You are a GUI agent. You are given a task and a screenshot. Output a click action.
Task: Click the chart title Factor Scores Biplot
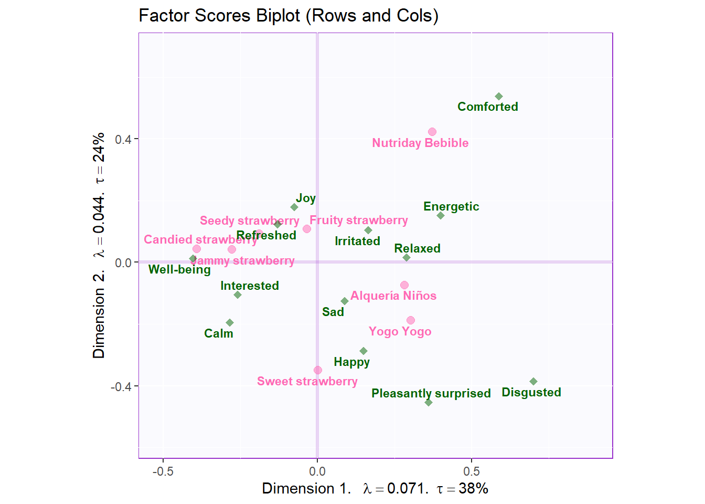coord(288,16)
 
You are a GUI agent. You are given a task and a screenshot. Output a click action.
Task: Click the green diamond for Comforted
coord(499,97)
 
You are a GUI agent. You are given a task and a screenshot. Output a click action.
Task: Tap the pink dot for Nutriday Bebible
coord(432,132)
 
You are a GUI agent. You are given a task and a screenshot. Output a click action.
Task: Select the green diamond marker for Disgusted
coord(533,382)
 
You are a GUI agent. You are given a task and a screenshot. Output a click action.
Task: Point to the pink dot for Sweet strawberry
coord(318,370)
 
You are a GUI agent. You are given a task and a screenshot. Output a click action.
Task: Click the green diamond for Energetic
coord(441,216)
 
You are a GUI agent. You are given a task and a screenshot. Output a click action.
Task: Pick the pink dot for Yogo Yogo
coord(411,320)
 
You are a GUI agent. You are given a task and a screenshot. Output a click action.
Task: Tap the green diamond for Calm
coord(230,323)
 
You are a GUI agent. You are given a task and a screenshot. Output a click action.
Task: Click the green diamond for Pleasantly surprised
coord(429,403)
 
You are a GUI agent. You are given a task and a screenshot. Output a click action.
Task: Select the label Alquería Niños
coord(393,296)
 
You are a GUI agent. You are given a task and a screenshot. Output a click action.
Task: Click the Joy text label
coord(306,198)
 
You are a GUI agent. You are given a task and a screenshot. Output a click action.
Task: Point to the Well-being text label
coord(179,270)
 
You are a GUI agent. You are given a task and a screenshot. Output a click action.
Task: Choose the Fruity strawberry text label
coord(359,220)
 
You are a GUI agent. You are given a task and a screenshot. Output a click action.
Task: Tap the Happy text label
coord(351,362)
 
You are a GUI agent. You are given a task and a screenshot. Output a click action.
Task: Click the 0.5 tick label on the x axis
coord(472,471)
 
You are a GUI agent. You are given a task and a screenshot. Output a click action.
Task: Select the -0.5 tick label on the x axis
coord(163,471)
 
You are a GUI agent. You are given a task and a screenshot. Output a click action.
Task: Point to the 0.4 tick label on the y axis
coord(123,139)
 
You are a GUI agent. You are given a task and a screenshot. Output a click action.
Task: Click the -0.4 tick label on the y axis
coord(121,386)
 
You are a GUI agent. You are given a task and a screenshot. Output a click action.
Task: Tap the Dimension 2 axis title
coord(99,245)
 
